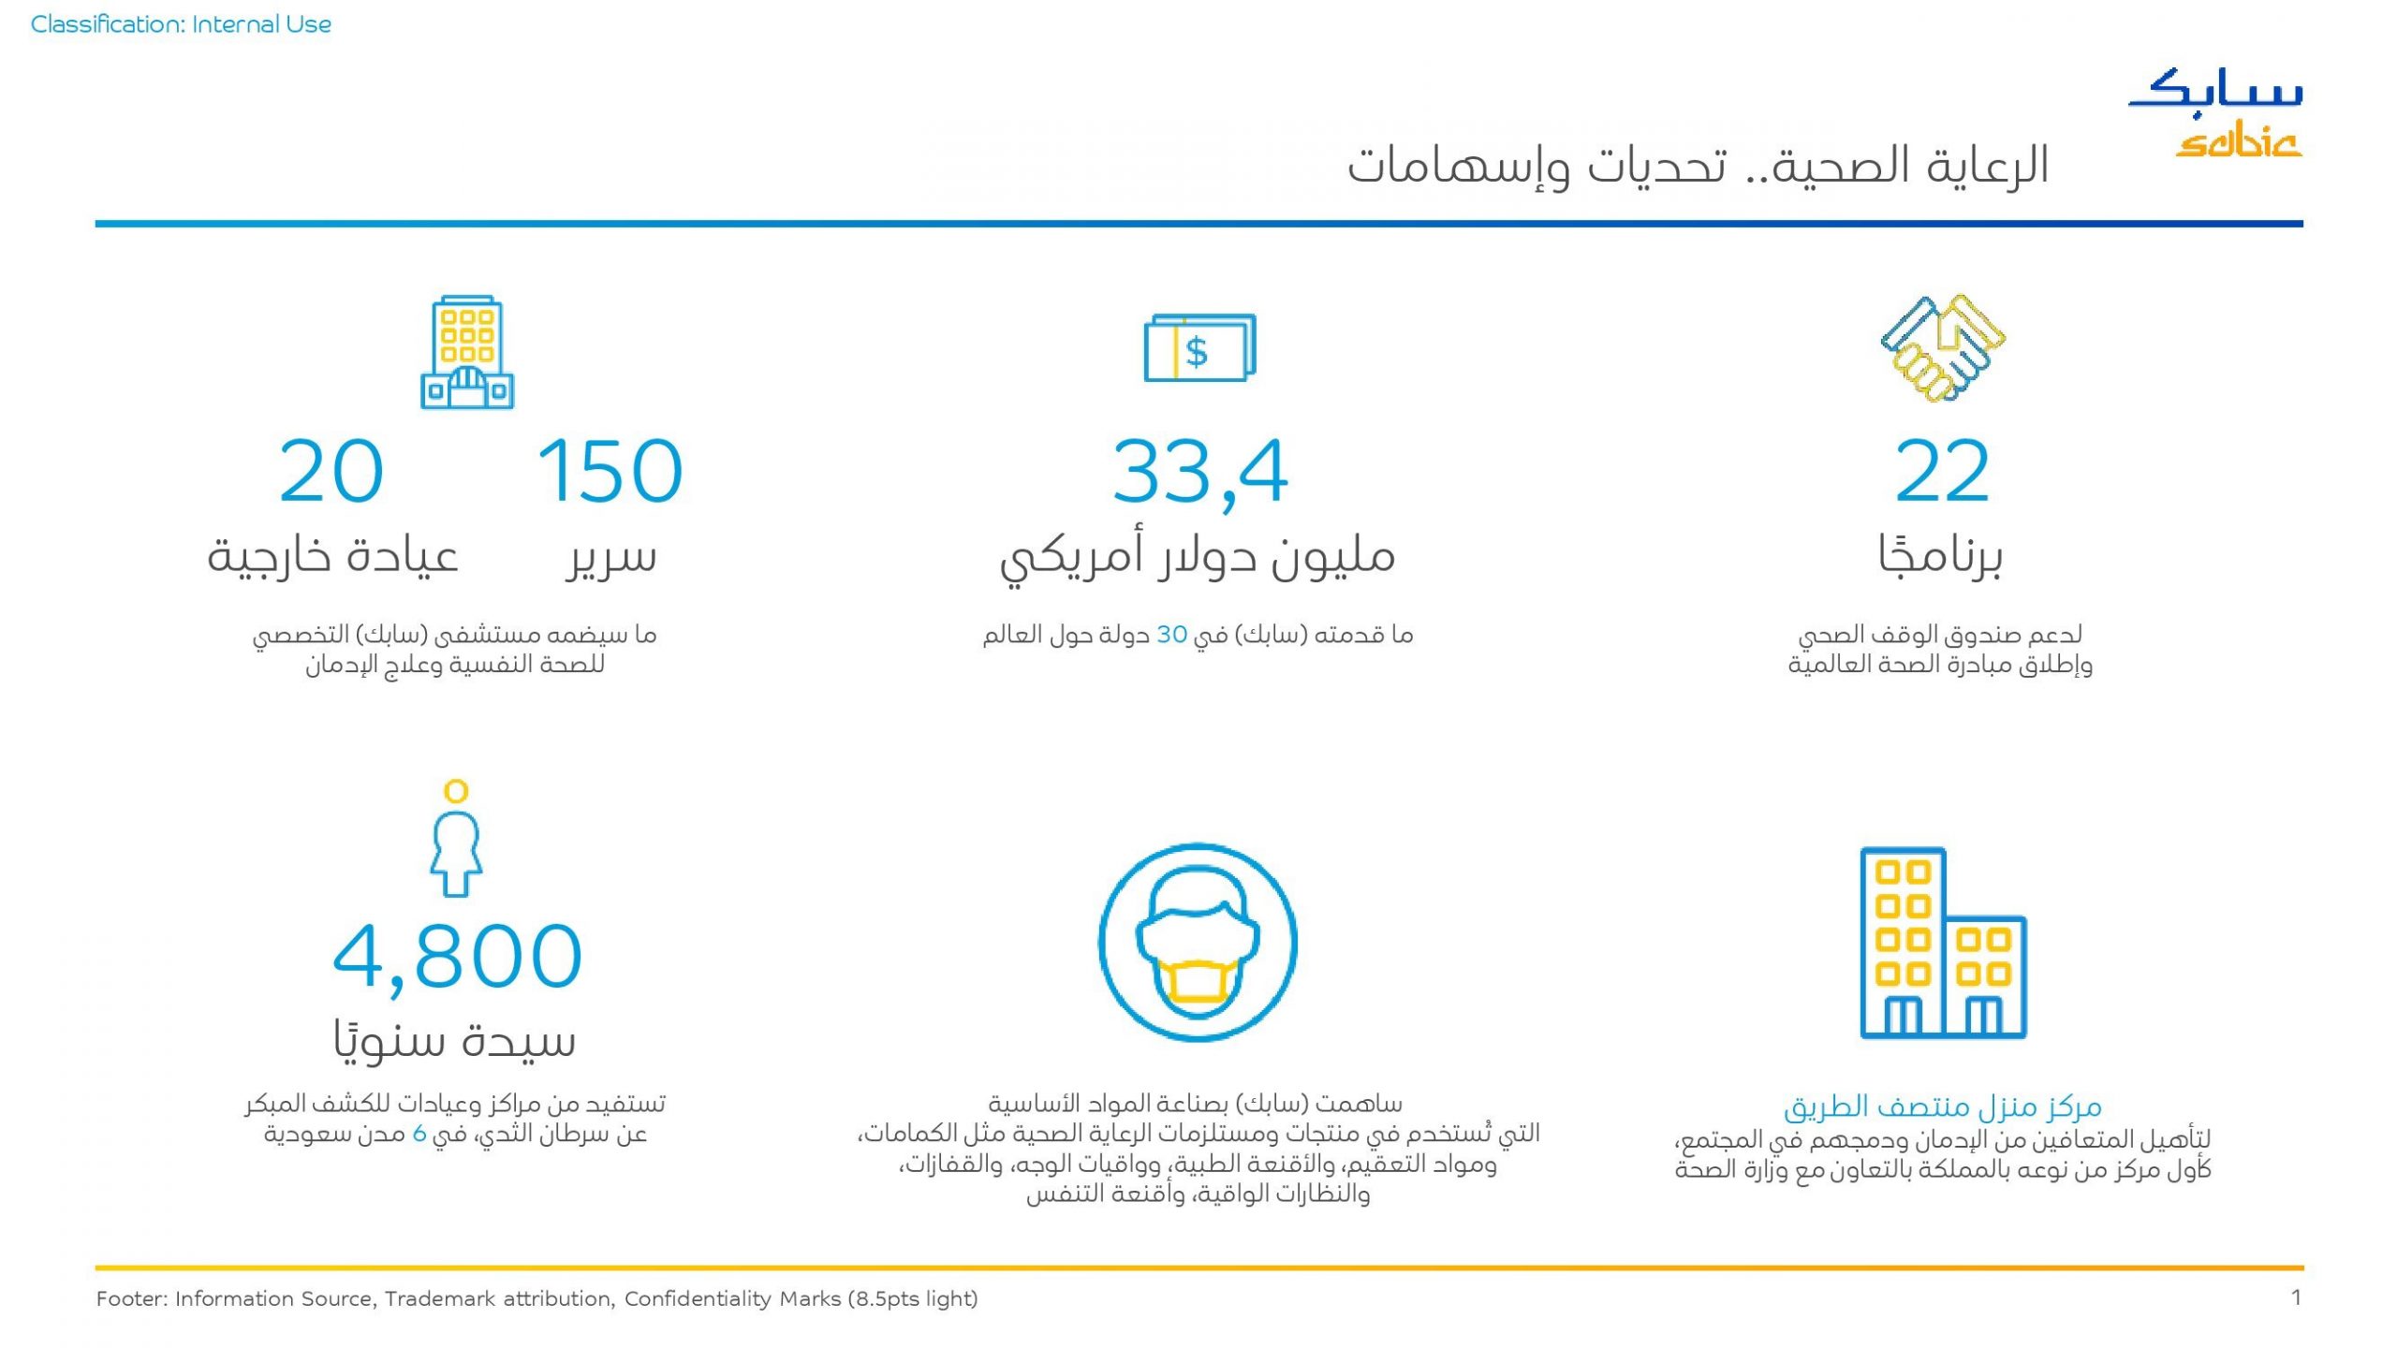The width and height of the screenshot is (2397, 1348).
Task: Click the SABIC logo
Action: (2215, 112)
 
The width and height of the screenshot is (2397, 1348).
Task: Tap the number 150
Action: (610, 471)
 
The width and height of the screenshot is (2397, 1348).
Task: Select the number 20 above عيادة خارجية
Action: (331, 471)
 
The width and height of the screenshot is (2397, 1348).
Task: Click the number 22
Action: (1942, 471)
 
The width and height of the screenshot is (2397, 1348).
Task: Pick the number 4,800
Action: (458, 957)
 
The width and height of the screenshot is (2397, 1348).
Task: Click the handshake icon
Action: (1943, 348)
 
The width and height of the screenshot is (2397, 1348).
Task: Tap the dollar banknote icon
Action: (1199, 347)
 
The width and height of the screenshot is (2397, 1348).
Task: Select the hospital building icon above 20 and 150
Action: (467, 353)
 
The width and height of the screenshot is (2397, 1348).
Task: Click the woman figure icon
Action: (456, 838)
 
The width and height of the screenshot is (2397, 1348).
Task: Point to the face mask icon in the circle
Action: (1198, 943)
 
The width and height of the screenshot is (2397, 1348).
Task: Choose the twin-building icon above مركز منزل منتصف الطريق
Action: (1943, 943)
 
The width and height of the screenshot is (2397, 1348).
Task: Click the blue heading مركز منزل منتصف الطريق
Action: (1943, 1106)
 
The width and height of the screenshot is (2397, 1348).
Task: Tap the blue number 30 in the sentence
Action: (1172, 635)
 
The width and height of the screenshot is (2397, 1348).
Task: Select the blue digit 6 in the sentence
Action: (419, 1134)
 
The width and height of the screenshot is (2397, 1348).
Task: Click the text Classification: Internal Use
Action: (181, 24)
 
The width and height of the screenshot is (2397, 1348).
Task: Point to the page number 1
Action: (2296, 1297)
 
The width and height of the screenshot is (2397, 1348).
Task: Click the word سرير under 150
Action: (610, 557)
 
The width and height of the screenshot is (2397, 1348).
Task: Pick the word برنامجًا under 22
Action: (1940, 555)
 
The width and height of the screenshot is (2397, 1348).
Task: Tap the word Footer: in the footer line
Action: (132, 1298)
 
